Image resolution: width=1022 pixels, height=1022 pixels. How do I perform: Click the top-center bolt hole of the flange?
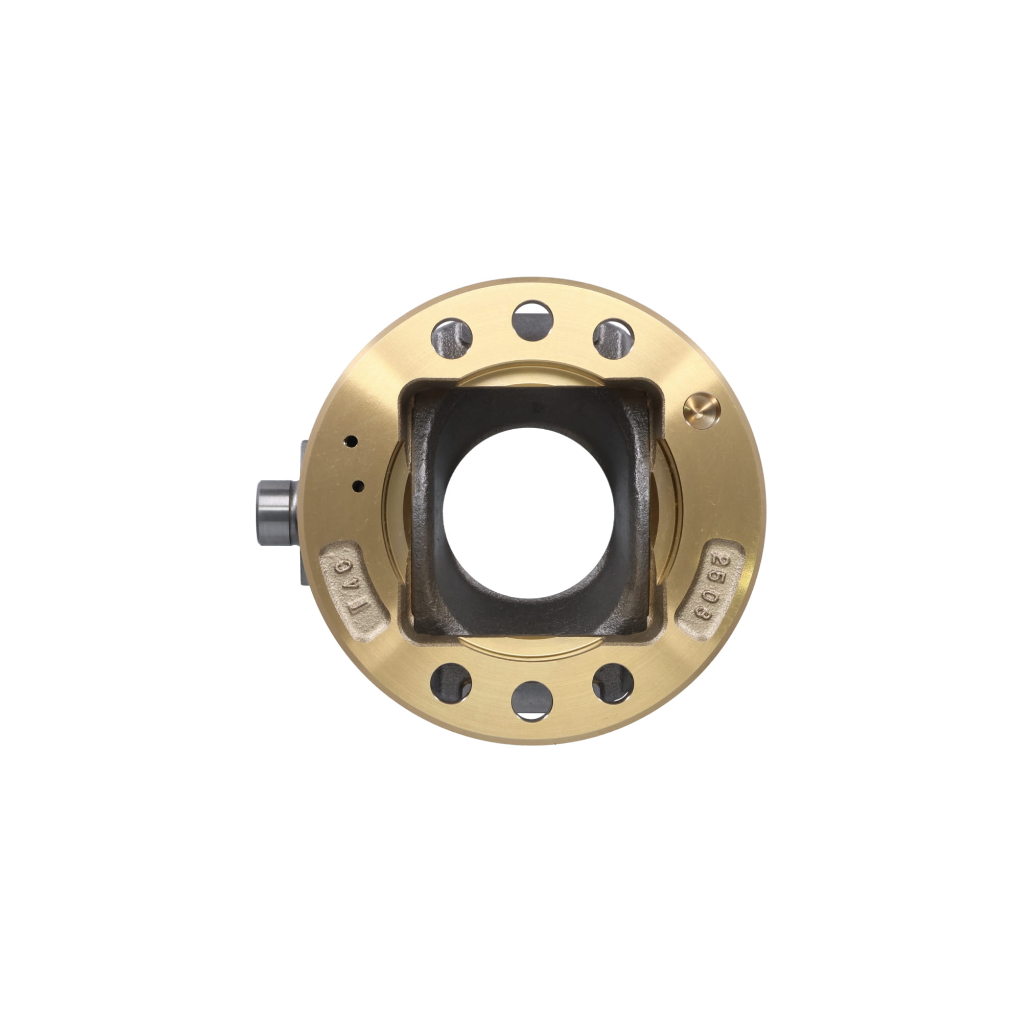tap(532, 321)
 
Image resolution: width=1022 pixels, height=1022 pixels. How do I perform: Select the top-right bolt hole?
tap(613, 339)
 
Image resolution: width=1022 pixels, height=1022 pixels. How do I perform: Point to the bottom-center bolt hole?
tap(531, 701)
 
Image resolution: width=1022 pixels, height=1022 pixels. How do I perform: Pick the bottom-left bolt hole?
tap(451, 683)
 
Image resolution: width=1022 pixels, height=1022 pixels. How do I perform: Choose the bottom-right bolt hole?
tap(613, 683)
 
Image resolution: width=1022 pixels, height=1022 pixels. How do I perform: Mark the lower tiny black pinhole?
tap(358, 484)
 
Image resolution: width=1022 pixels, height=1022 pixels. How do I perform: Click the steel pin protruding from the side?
tap(275, 513)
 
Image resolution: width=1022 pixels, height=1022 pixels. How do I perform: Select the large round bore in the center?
tap(529, 513)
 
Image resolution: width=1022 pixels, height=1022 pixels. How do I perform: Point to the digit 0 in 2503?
tap(707, 597)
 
